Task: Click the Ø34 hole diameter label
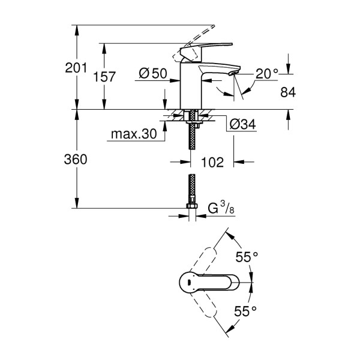pos(243,124)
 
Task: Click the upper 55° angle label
pos(247,256)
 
